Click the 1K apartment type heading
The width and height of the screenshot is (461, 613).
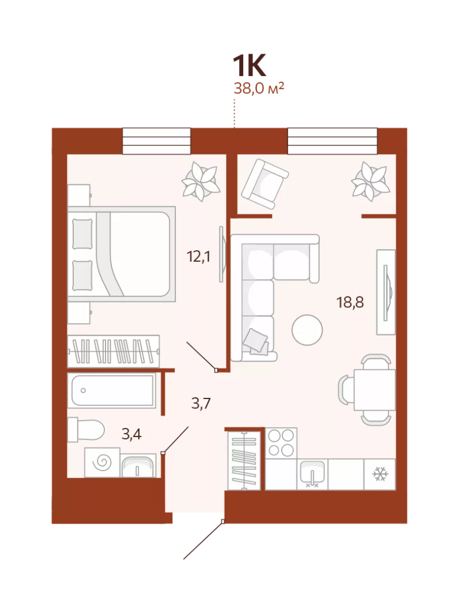point(250,66)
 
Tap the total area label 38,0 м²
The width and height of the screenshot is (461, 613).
point(259,88)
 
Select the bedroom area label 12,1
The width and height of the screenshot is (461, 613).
point(198,257)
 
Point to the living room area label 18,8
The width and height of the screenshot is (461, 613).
point(350,302)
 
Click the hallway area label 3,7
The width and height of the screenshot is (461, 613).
point(201,403)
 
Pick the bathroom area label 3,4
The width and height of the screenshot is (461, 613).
point(131,434)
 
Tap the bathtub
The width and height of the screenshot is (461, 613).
point(112,390)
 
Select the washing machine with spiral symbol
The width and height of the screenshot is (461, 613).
point(103,462)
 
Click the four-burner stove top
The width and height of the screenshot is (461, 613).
point(281,443)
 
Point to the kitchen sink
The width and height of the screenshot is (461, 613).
point(312,474)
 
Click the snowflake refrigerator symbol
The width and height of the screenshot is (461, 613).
point(380,474)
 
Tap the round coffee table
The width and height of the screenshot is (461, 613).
point(307,330)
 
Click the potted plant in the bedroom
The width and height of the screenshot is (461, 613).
point(199,182)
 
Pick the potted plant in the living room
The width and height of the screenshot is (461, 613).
point(369,182)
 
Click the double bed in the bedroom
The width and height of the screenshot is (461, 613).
point(122,254)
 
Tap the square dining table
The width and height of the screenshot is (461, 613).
point(375,390)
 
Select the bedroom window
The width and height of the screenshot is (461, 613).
point(157,141)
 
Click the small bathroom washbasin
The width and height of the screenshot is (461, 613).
point(138,465)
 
